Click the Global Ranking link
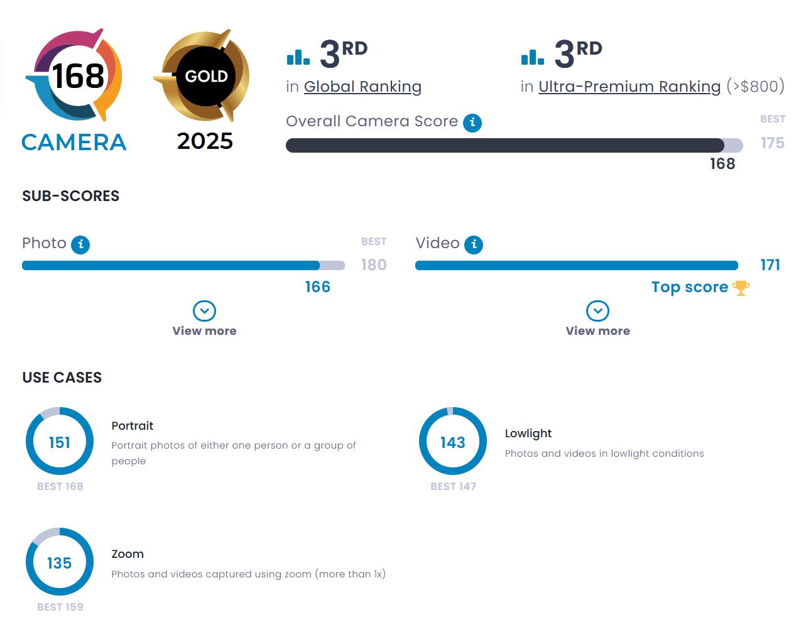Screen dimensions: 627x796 363,87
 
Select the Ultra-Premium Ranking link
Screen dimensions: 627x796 629,87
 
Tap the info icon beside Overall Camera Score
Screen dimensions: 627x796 472,123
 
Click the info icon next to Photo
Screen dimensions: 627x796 80,244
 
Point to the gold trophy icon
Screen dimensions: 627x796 741,288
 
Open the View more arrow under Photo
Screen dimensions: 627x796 204,311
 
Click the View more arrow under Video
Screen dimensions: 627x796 597,311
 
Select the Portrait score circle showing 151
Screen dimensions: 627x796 60,442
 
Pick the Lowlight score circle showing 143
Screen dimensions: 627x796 453,442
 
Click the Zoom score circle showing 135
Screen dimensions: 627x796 60,562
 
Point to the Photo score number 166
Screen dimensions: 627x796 317,287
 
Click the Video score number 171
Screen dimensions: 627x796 770,265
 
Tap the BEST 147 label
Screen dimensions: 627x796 453,486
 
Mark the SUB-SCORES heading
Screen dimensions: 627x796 70,196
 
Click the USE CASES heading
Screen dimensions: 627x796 62,378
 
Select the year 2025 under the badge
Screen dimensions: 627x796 205,141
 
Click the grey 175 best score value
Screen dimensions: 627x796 772,143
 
